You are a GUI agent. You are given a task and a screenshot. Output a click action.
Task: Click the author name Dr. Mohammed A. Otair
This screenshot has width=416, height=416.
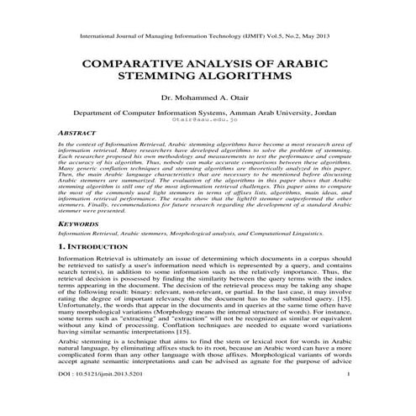click(208, 97)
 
